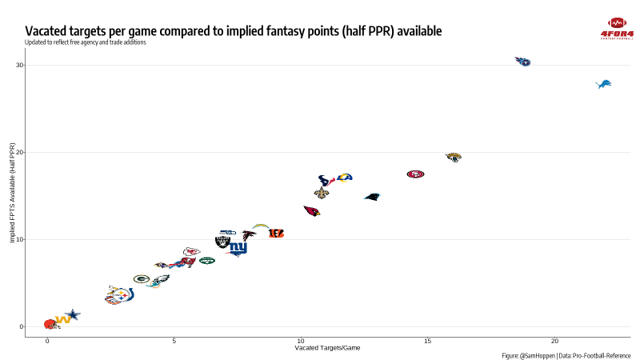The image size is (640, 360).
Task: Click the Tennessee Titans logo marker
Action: pos(523,61)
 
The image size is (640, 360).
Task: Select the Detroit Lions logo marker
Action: pos(604,84)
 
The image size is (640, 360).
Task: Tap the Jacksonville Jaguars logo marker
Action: pos(454,158)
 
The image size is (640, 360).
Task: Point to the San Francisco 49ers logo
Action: pos(415,174)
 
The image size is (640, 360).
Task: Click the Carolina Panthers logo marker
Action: pos(372,196)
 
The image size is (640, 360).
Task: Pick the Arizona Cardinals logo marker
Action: pos(311,211)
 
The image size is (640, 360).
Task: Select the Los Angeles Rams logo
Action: pos(344,177)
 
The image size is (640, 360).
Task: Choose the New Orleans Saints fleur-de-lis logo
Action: pos(322,193)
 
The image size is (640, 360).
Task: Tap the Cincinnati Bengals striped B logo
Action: pos(276,234)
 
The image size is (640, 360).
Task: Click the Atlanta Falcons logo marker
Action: pos(250,235)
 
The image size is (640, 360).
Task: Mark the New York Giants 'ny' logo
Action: pos(238,249)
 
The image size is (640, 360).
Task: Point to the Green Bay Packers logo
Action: pos(142,278)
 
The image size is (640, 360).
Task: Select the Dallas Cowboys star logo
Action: pos(73,315)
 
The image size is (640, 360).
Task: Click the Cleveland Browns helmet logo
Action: pos(50,324)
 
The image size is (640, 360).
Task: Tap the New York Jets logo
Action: pos(207,261)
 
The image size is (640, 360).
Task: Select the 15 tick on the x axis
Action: pos(428,342)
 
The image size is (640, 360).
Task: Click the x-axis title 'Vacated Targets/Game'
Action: pos(327,348)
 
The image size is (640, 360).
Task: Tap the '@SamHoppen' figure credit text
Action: pos(537,355)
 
